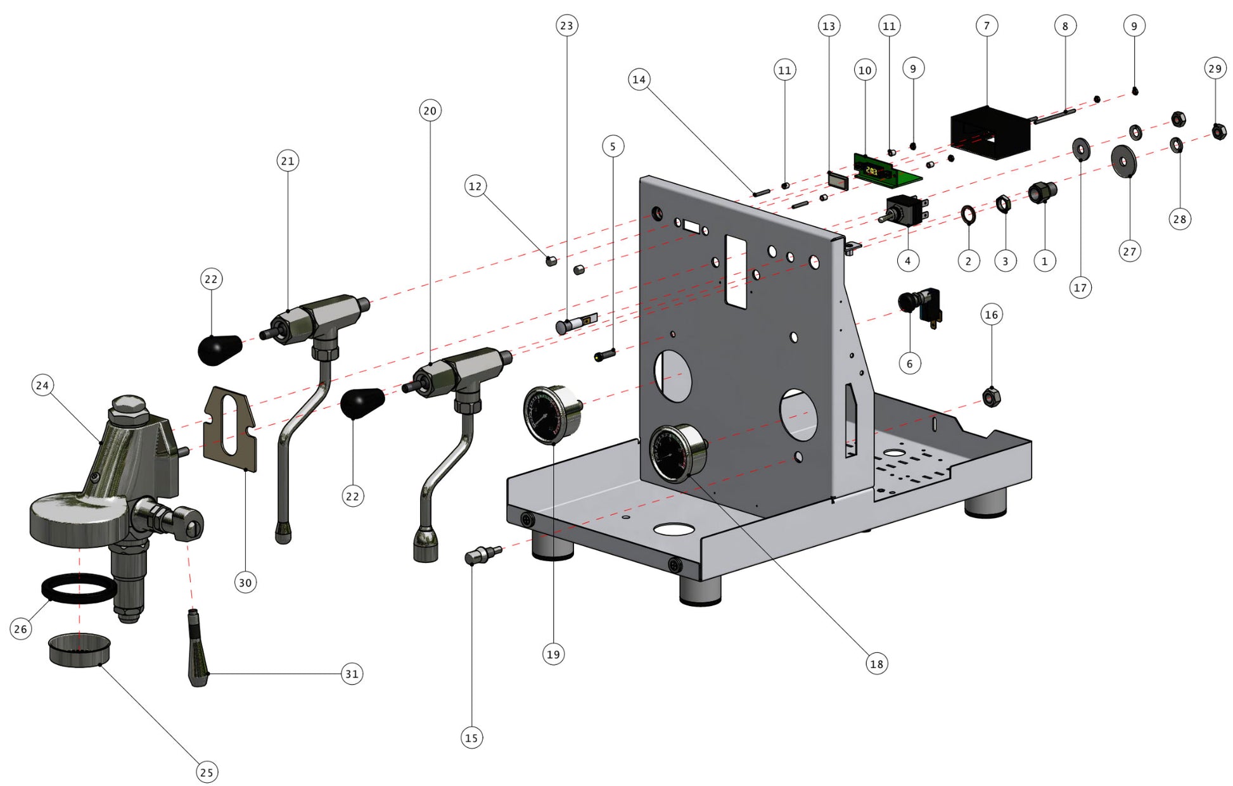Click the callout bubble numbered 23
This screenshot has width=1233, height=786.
click(566, 26)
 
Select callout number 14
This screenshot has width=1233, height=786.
click(639, 80)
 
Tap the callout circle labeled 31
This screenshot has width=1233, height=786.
click(352, 674)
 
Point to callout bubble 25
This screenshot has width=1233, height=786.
click(207, 772)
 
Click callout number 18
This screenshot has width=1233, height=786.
click(876, 664)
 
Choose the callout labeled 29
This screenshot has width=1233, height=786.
click(1215, 69)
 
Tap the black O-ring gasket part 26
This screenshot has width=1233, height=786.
click(79, 588)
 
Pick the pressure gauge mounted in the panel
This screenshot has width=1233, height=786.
click(677, 453)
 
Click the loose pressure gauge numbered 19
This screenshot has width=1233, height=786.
click(551, 414)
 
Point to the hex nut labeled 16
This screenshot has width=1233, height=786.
click(991, 398)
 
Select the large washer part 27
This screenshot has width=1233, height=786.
click(1123, 161)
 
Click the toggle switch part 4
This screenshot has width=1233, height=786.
click(905, 210)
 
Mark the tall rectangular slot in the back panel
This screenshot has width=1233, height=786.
click(736, 271)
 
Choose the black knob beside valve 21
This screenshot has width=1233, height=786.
click(219, 350)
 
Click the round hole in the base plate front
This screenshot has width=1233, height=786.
click(674, 528)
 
